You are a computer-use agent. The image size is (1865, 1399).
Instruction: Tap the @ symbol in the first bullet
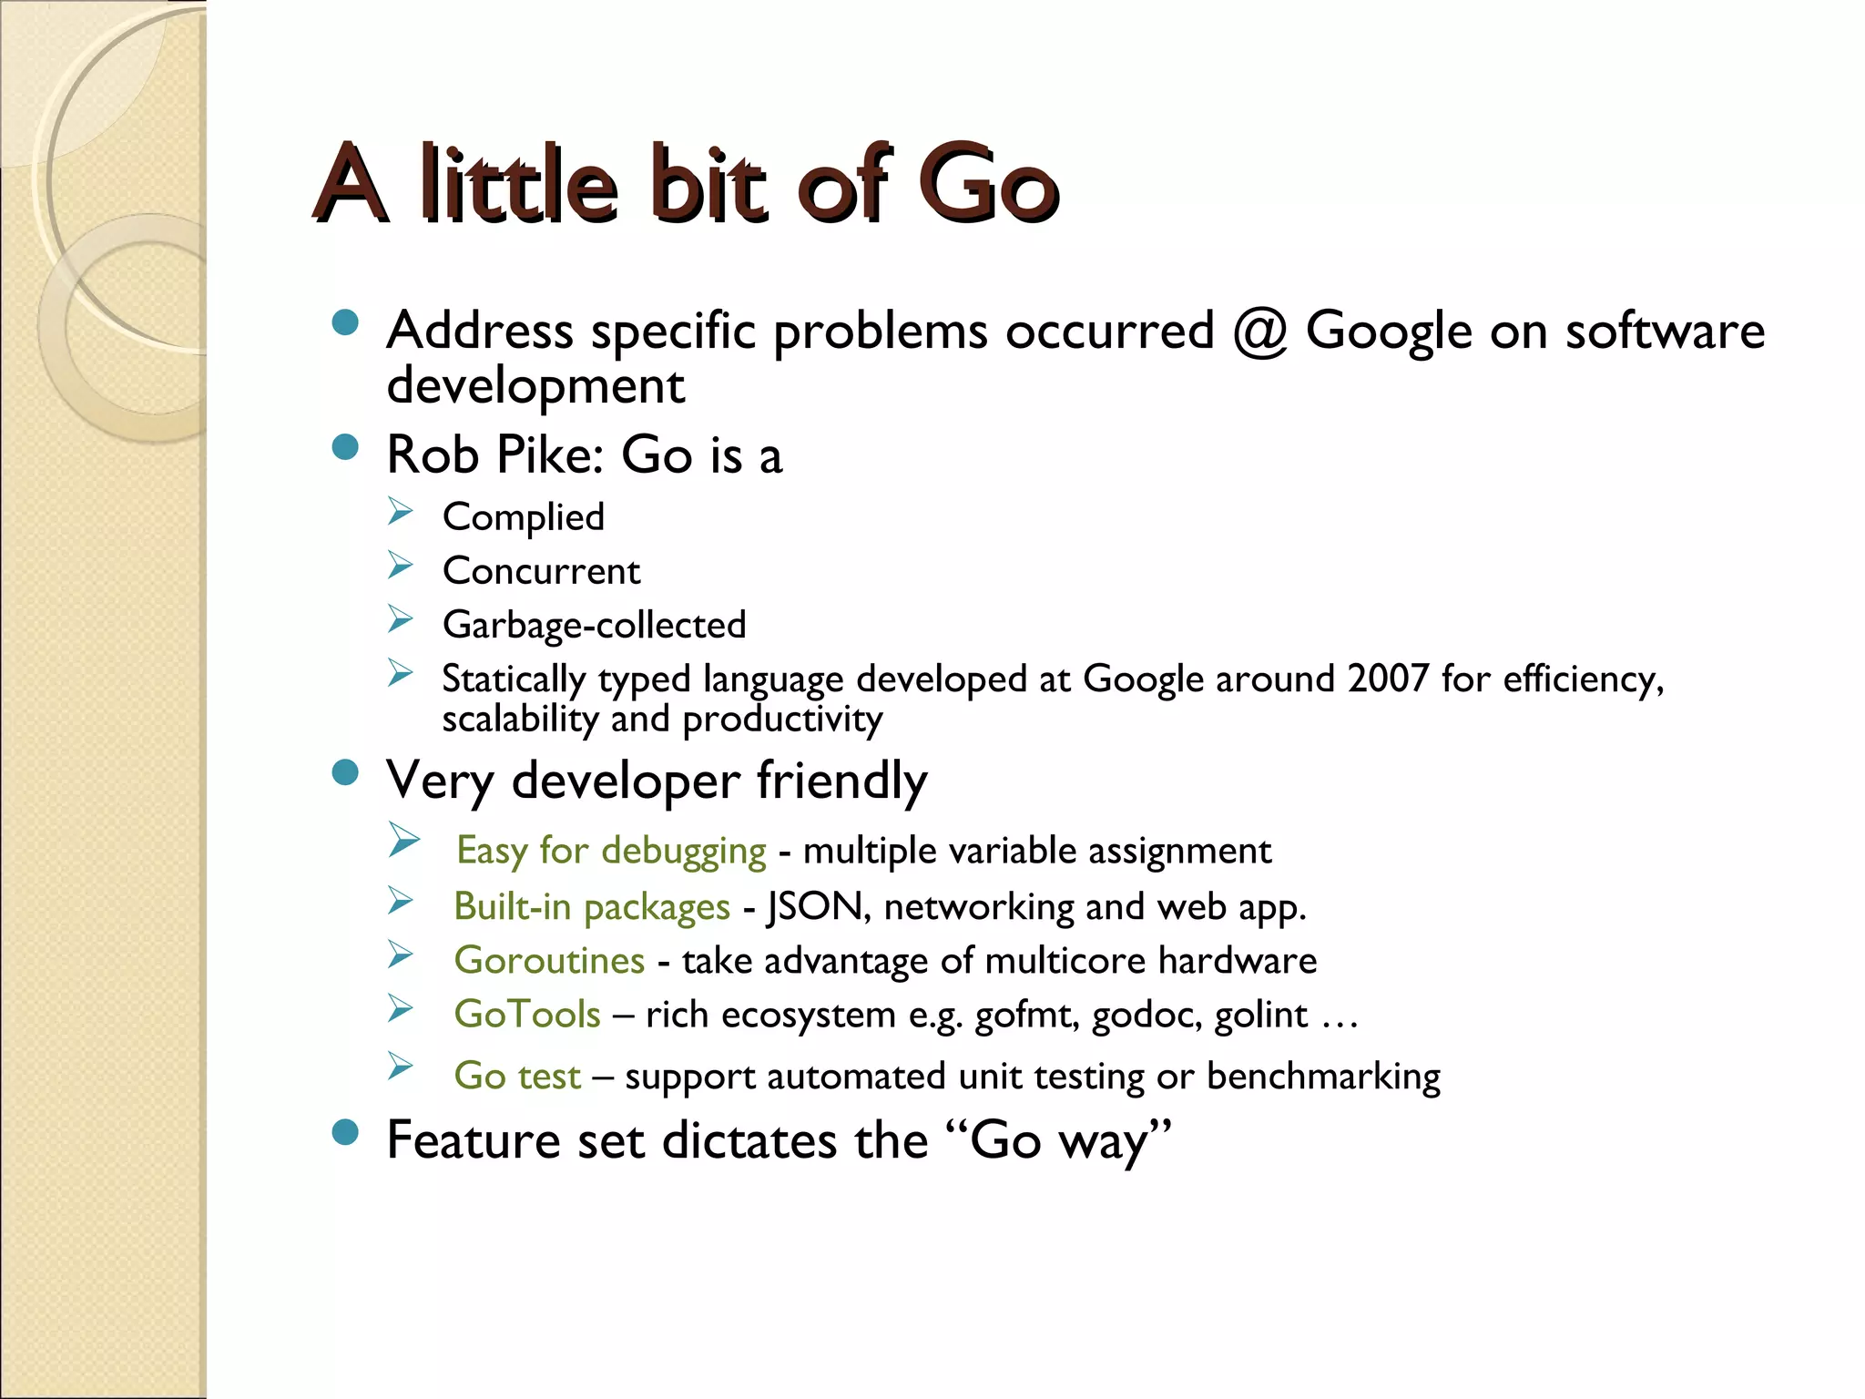pyautogui.click(x=1259, y=332)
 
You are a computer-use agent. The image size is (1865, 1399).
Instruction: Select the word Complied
pyautogui.click(x=524, y=517)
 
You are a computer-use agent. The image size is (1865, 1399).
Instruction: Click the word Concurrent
pyautogui.click(x=542, y=571)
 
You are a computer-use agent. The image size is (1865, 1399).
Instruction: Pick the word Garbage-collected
pyautogui.click(x=594, y=626)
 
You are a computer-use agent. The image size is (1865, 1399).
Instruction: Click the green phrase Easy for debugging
pyautogui.click(x=611, y=851)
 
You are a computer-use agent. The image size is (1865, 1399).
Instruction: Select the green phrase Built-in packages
pyautogui.click(x=592, y=907)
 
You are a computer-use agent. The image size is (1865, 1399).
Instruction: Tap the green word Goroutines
pyautogui.click(x=549, y=961)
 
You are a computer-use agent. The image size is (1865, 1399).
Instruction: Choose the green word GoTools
pyautogui.click(x=527, y=1015)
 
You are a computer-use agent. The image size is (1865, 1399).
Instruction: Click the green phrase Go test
pyautogui.click(x=517, y=1077)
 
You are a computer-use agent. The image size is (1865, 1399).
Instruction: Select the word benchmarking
pyautogui.click(x=1323, y=1077)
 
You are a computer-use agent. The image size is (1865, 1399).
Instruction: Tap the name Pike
pyautogui.click(x=549, y=454)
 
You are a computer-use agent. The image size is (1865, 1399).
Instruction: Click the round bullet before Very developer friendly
pyautogui.click(x=345, y=773)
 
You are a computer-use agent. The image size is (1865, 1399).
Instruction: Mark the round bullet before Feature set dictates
pyautogui.click(x=345, y=1132)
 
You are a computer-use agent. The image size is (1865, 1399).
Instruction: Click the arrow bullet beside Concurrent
pyautogui.click(x=400, y=566)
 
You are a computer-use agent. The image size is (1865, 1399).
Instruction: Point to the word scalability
pyautogui.click(x=520, y=720)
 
